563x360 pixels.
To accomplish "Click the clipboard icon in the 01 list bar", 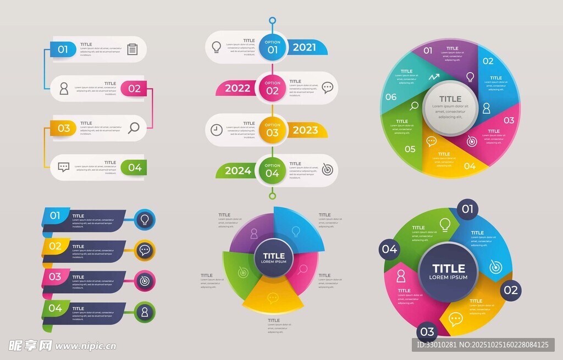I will [x=132, y=49].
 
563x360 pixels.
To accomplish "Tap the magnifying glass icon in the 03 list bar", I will [x=134, y=128].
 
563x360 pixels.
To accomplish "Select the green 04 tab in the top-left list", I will [x=134, y=168].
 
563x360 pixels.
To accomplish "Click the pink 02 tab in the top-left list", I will [x=134, y=88].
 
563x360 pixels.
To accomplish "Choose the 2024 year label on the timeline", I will [x=238, y=171].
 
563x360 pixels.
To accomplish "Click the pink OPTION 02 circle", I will [x=272, y=88].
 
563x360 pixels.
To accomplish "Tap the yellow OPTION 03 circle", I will [x=272, y=130].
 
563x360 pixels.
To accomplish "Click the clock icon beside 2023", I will [x=217, y=130].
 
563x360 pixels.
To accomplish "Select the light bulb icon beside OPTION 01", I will [x=217, y=47].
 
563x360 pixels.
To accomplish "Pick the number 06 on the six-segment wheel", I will [x=391, y=97].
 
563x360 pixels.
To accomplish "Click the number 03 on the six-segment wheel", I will [x=509, y=120].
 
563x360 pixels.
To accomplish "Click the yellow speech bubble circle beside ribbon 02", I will [x=145, y=251].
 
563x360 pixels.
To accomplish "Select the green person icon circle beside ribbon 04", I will [x=145, y=312].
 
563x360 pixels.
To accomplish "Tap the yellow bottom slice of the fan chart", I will [x=273, y=298].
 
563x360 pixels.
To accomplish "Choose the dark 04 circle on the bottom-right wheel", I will [x=389, y=250].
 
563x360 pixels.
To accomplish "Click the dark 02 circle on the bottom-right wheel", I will [x=510, y=290].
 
